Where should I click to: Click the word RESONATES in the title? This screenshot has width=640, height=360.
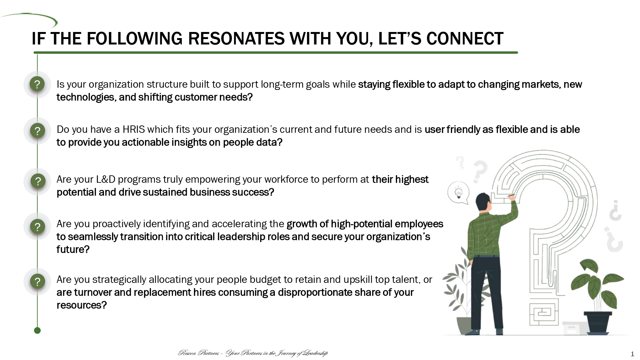pos(236,39)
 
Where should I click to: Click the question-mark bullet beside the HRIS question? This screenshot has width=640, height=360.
pos(37,131)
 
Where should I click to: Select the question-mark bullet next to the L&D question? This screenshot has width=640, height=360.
pos(37,181)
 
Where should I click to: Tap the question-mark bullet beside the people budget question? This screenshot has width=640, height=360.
pos(37,282)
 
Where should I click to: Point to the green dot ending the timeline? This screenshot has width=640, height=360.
pos(37,331)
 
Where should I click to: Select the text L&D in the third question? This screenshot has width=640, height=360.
pos(106,179)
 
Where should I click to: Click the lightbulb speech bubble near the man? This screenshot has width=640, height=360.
pos(458,193)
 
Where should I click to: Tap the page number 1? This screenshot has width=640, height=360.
pos(632,354)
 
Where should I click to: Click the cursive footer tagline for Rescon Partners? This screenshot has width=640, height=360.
pos(253,353)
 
